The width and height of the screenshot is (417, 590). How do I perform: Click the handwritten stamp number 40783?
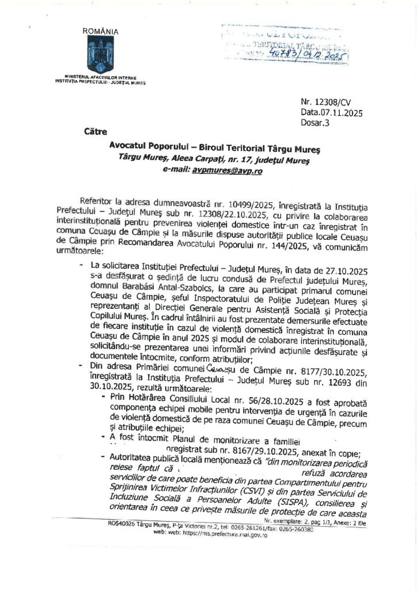click(286, 55)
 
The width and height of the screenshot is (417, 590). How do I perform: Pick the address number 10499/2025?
click(260, 205)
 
